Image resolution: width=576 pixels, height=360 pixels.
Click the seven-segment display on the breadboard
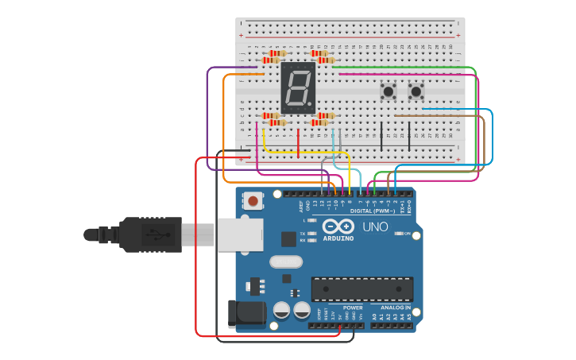click(298, 87)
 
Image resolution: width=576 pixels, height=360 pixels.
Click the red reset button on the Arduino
click(253, 201)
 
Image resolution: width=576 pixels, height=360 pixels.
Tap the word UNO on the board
click(375, 227)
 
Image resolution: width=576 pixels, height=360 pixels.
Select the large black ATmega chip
click(362, 289)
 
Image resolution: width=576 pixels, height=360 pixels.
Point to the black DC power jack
click(246, 313)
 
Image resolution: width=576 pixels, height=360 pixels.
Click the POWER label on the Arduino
click(353, 308)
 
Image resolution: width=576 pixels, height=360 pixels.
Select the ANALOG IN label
click(396, 308)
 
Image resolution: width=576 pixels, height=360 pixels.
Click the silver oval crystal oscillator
click(286, 261)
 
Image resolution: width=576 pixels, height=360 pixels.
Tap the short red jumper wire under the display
click(298, 142)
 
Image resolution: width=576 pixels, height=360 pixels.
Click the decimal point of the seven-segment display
click(311, 106)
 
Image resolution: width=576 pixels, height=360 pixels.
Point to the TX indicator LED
click(312, 234)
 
